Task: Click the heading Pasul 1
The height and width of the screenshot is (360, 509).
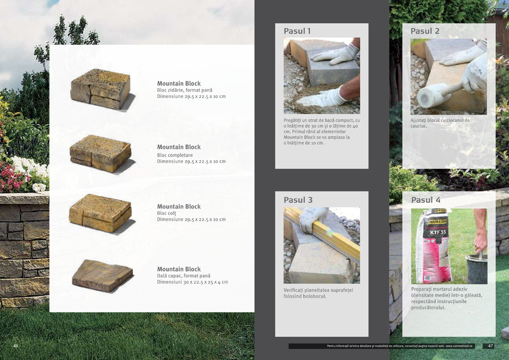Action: [x=297, y=31]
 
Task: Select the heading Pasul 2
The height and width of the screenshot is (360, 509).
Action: [x=425, y=31]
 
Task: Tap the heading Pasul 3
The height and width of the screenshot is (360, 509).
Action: [x=298, y=200]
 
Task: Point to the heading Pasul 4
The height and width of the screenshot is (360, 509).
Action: [x=425, y=200]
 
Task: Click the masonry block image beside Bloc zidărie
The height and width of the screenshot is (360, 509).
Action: [x=101, y=89]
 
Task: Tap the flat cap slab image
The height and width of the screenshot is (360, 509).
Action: [x=102, y=275]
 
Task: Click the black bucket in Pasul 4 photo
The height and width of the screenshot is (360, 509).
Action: [x=477, y=268]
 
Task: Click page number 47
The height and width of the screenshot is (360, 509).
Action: [x=489, y=346]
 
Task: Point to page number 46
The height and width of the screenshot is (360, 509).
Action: [x=16, y=346]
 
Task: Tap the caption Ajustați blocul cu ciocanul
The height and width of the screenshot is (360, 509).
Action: [x=440, y=123]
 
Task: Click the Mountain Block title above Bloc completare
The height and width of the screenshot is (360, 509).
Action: [x=178, y=147]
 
